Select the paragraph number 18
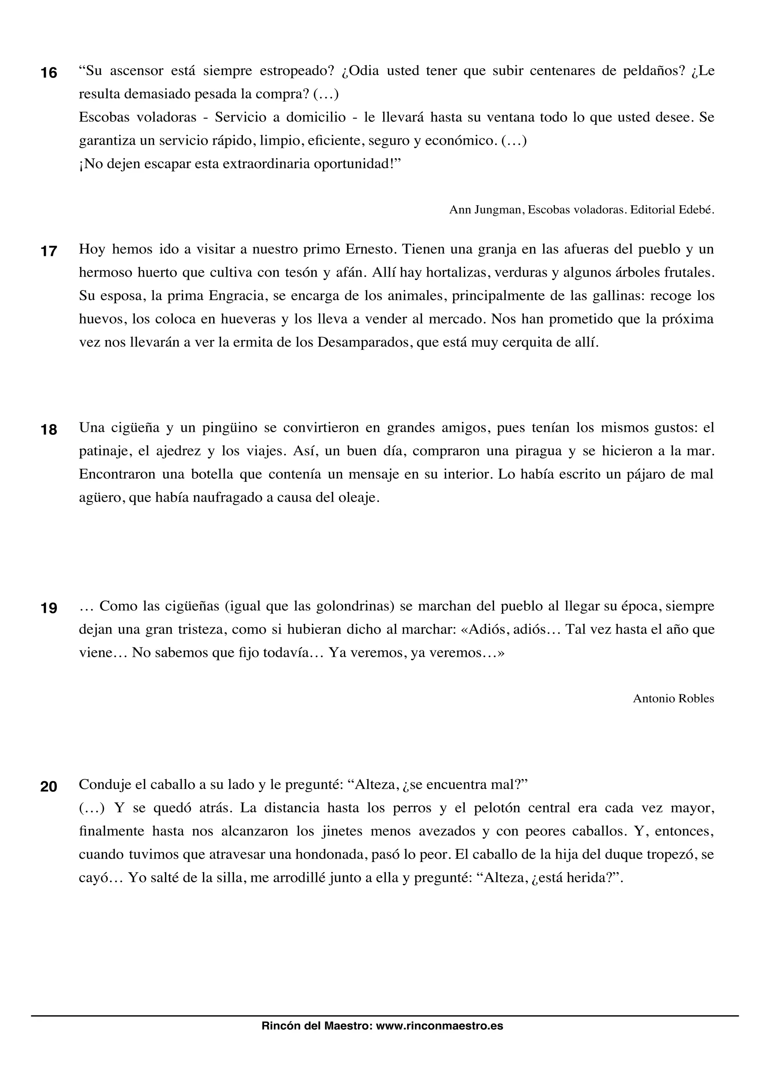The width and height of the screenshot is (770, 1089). [49, 430]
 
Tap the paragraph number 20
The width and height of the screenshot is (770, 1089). [49, 787]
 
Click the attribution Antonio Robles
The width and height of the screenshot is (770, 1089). [673, 699]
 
